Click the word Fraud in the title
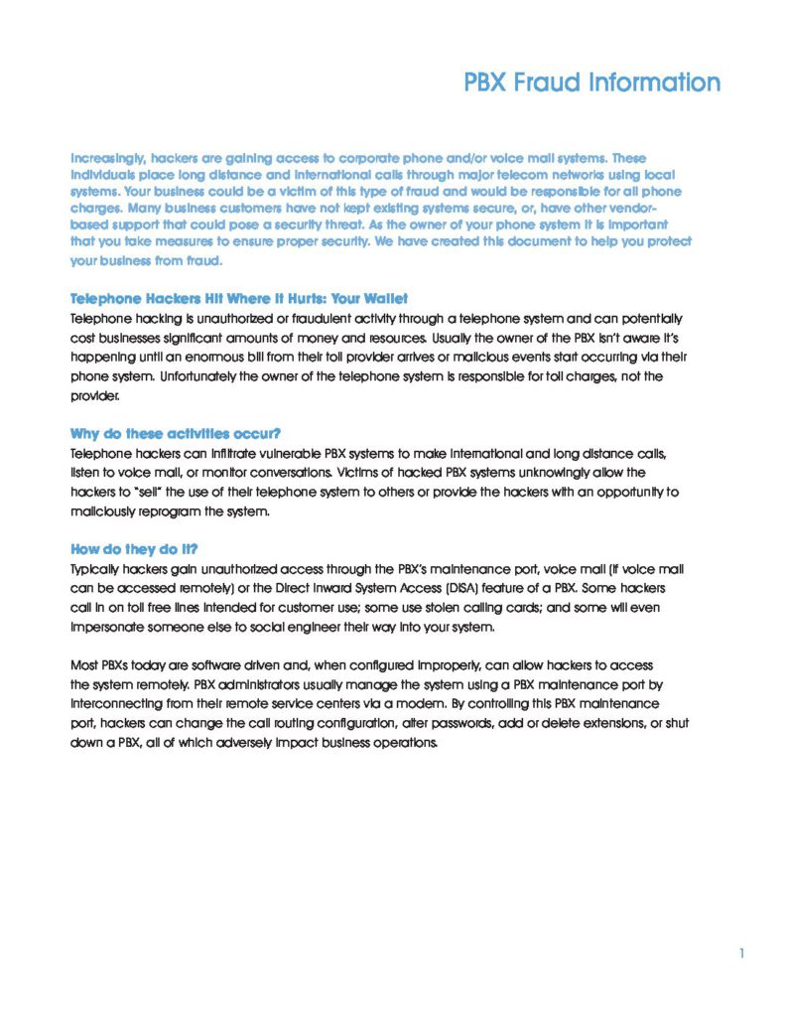pyautogui.click(x=543, y=82)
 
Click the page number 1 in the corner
pyautogui.click(x=741, y=954)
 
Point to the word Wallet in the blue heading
pyautogui.click(x=382, y=299)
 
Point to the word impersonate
pyautogui.click(x=110, y=627)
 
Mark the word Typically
pyautogui.click(x=97, y=569)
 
